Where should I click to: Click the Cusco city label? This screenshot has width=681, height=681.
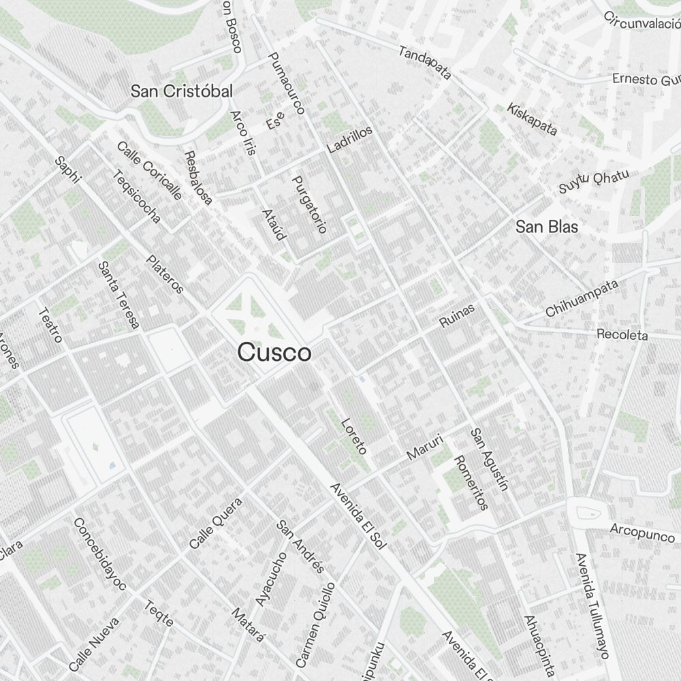pyautogui.click(x=274, y=353)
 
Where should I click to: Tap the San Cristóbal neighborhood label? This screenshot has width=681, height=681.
pyautogui.click(x=182, y=91)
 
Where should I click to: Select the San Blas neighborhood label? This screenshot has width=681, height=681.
pyautogui.click(x=546, y=227)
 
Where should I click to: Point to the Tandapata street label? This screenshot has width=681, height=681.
pyautogui.click(x=425, y=63)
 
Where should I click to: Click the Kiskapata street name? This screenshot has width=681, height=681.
pyautogui.click(x=532, y=119)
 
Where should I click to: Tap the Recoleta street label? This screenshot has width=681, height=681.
pyautogui.click(x=622, y=334)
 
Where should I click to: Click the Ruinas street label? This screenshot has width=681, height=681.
pyautogui.click(x=456, y=316)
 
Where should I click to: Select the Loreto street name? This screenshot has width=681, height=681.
pyautogui.click(x=354, y=436)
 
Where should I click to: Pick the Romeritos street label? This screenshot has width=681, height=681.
pyautogui.click(x=471, y=482)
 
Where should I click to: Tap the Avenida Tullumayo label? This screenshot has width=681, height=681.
pyautogui.click(x=590, y=605)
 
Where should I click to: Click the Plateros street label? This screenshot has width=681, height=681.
pyautogui.click(x=165, y=274)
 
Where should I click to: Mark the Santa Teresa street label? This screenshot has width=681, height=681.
pyautogui.click(x=118, y=296)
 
